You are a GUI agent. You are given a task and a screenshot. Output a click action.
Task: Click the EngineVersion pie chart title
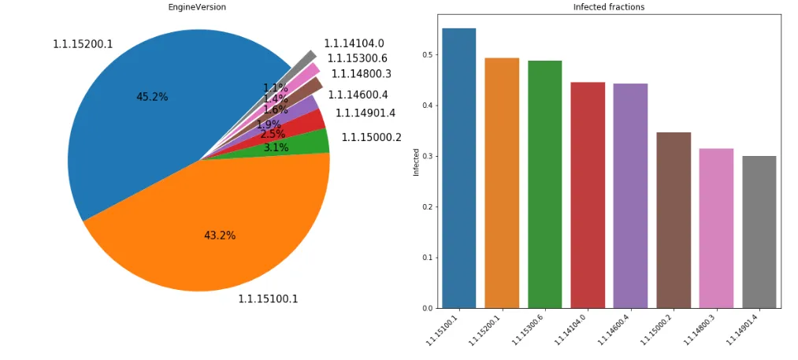(x=199, y=7)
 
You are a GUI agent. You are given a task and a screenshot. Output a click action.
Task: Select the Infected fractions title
(x=610, y=7)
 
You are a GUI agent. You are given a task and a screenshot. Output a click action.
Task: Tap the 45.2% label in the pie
(x=152, y=97)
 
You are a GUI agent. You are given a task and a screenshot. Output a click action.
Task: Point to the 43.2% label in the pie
(x=220, y=236)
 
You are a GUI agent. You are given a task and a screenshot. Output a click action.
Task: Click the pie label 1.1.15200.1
(x=83, y=44)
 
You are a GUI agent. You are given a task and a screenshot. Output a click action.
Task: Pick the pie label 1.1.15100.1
(x=268, y=299)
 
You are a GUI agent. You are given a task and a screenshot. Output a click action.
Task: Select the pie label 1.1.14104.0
(x=354, y=43)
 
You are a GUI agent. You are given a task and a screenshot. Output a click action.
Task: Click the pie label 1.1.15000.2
(x=371, y=137)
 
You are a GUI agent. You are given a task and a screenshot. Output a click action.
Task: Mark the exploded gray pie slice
(x=306, y=59)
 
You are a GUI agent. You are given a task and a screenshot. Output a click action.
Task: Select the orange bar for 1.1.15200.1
(x=502, y=183)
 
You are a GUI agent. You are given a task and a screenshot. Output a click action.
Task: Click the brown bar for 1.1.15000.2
(x=674, y=220)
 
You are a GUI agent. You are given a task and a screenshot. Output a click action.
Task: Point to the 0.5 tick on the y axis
(x=425, y=54)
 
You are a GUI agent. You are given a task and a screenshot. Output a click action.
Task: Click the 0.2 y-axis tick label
(x=425, y=207)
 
